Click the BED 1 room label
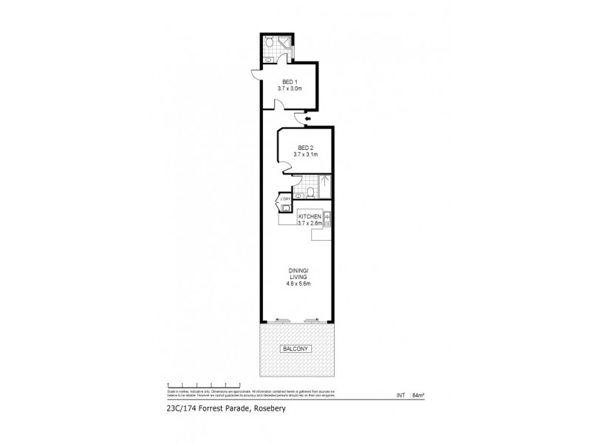[x=290, y=82]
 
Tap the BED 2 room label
[x=297, y=148]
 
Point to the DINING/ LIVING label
[x=297, y=274]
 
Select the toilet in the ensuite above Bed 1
[x=270, y=44]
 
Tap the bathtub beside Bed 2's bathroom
[x=325, y=186]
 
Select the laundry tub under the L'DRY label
[x=284, y=209]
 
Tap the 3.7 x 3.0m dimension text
[x=290, y=89]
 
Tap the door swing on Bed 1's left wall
[x=256, y=72]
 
